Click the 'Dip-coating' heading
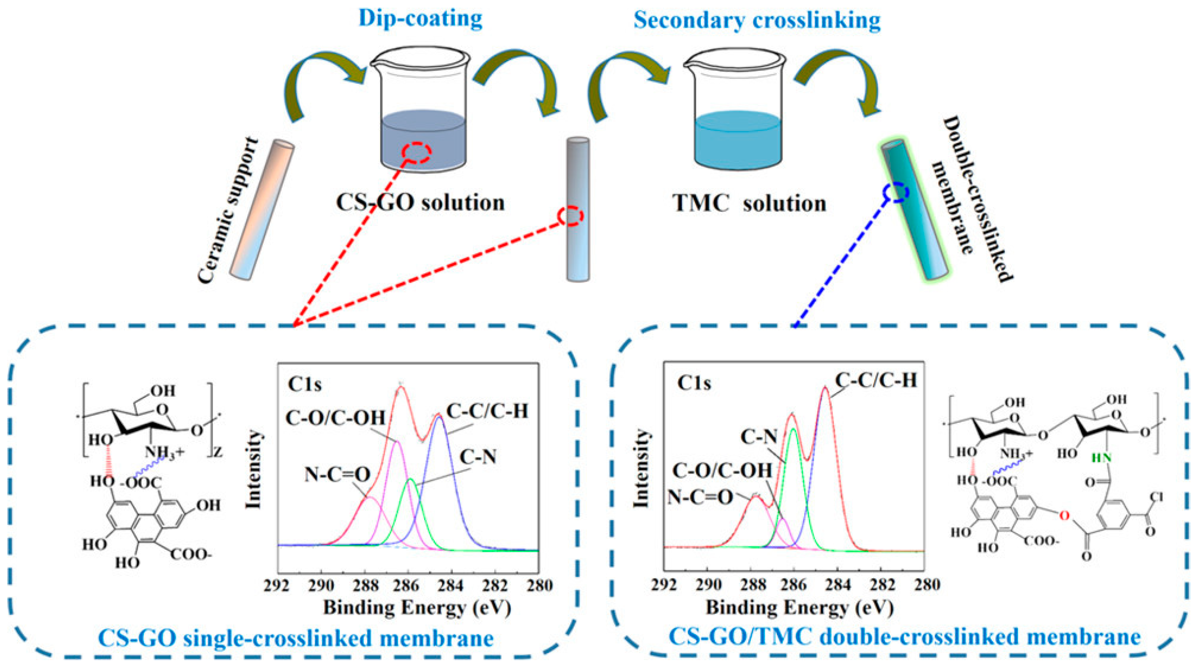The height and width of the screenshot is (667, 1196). pyautogui.click(x=421, y=19)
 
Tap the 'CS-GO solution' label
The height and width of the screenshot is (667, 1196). pyautogui.click(x=420, y=203)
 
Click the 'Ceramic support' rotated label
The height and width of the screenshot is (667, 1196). pyautogui.click(x=228, y=209)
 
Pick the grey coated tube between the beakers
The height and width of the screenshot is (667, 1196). pyautogui.click(x=577, y=209)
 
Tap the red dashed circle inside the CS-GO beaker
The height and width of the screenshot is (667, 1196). pyautogui.click(x=417, y=152)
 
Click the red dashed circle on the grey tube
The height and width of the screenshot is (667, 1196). pyautogui.click(x=571, y=216)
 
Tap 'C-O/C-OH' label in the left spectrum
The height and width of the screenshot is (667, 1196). pyautogui.click(x=335, y=418)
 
